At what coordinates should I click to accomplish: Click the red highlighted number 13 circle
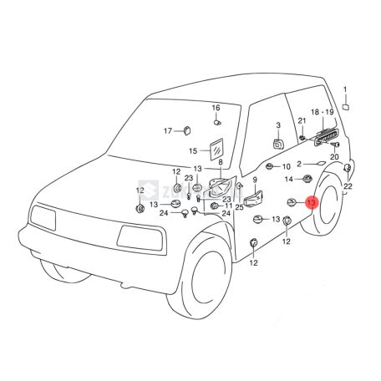coord(311,203)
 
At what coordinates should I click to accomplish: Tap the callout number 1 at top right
coord(347,90)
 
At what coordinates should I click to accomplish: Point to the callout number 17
coord(168,131)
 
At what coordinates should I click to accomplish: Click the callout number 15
coord(192,151)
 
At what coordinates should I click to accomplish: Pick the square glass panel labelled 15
coord(217,149)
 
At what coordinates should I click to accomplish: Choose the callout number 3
coord(278,125)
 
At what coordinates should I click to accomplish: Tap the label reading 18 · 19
coord(322,111)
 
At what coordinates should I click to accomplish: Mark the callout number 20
coord(334,156)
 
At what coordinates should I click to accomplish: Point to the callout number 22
coord(348,185)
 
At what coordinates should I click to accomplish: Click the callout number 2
coord(297,165)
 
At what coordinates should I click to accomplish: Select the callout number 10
coord(286,167)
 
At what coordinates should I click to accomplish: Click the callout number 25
coord(239,206)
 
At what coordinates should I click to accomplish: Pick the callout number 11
coord(227,206)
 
